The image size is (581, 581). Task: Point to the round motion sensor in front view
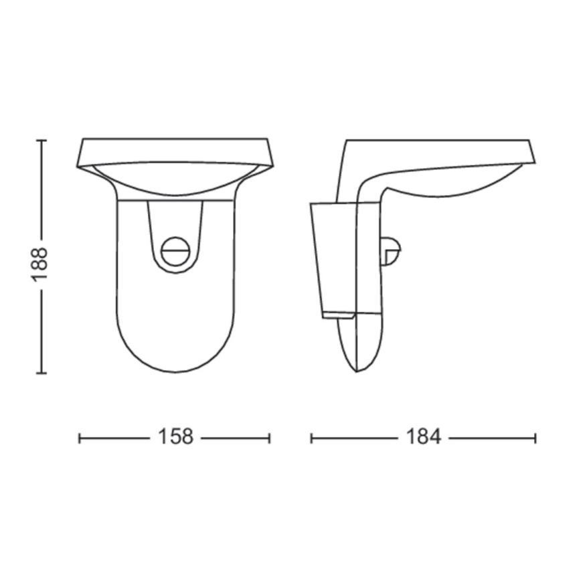(176, 250)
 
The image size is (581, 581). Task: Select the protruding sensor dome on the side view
(391, 251)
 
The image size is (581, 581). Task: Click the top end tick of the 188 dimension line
(41, 141)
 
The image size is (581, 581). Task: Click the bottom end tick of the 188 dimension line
(41, 373)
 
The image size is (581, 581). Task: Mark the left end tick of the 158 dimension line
(80, 438)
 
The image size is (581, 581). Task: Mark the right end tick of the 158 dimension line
(270, 438)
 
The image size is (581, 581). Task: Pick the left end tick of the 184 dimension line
(312, 438)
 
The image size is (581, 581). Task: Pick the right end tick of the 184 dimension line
(535, 438)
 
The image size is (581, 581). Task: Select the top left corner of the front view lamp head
(82, 140)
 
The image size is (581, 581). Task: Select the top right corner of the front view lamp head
(269, 140)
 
